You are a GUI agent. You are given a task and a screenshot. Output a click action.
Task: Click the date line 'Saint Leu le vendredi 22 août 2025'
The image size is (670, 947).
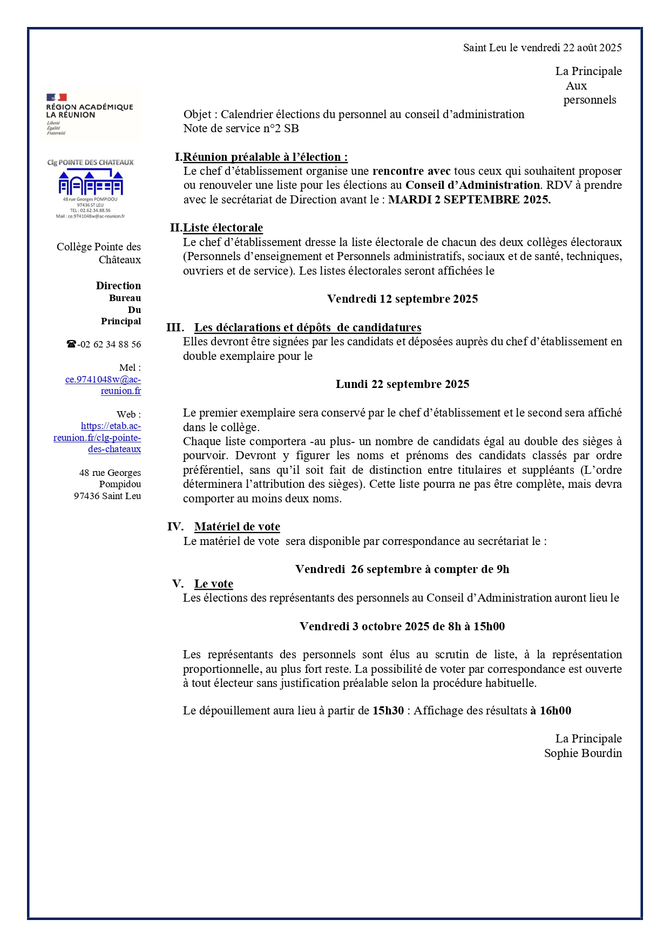click(x=542, y=47)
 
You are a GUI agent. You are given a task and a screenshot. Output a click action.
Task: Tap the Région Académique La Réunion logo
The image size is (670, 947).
click(x=90, y=113)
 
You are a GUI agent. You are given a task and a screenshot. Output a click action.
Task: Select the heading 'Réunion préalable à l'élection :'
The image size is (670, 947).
click(x=265, y=157)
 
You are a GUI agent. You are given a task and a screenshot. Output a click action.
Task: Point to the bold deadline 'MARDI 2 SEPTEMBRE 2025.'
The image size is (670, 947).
click(x=469, y=200)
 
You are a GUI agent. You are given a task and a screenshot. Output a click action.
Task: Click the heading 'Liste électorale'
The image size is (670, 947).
click(x=223, y=228)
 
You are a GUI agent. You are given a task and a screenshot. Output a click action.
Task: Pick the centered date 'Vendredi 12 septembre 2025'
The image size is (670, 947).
click(x=402, y=299)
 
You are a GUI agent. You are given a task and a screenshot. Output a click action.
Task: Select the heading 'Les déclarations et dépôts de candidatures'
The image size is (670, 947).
click(x=308, y=328)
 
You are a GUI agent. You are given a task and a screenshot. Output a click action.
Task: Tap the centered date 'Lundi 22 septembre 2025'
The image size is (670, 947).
click(x=402, y=384)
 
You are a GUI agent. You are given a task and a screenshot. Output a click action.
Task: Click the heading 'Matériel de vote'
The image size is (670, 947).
click(x=237, y=527)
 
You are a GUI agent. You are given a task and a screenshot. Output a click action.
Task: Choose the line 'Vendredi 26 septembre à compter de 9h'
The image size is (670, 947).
click(x=402, y=569)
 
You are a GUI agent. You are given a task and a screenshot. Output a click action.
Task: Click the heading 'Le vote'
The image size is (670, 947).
click(x=214, y=584)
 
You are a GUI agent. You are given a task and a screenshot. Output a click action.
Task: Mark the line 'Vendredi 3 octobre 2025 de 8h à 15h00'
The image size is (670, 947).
click(x=402, y=626)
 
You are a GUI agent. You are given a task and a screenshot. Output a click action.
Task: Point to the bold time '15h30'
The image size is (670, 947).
click(x=388, y=711)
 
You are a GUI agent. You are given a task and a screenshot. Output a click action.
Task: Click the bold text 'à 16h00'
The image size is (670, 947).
click(x=550, y=711)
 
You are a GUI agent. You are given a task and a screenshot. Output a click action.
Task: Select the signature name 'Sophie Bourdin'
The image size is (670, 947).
click(x=583, y=753)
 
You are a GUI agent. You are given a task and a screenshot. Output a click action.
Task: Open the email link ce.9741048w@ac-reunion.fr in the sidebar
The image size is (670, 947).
click(x=103, y=385)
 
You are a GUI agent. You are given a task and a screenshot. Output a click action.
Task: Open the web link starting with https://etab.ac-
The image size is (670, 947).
click(x=98, y=438)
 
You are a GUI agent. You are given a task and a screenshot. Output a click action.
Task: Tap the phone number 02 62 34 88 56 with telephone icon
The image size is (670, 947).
click(x=104, y=344)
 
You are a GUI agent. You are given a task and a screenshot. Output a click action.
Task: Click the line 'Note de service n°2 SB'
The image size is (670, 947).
click(x=241, y=128)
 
